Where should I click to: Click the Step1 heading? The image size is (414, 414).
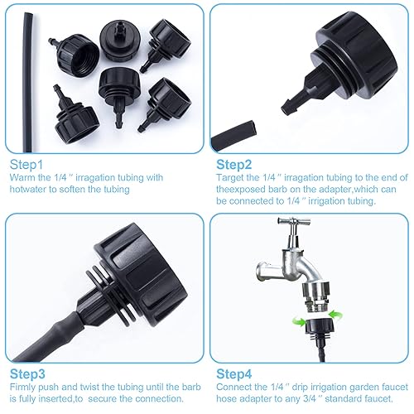click(26, 165)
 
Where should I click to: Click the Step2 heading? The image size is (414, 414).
click(232, 165)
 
